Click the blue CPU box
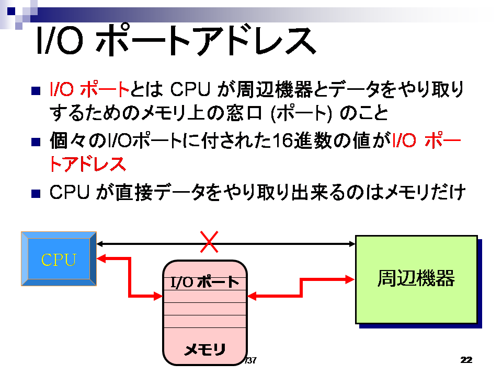(x=59, y=258)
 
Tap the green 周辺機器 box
(x=416, y=279)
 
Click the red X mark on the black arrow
(x=209, y=242)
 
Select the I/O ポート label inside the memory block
(x=205, y=282)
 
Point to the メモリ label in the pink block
(x=205, y=349)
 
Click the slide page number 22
(x=466, y=360)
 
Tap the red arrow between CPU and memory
(x=130, y=277)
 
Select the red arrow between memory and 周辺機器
(x=301, y=288)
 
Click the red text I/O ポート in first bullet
(x=89, y=89)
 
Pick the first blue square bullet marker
(x=36, y=91)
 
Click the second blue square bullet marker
(x=36, y=142)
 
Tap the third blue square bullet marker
(x=36, y=194)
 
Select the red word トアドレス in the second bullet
(x=87, y=164)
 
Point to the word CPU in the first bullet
(x=190, y=89)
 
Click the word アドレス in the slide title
(x=256, y=41)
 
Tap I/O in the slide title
(x=60, y=40)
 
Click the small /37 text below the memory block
(x=250, y=360)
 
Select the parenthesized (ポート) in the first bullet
(x=301, y=113)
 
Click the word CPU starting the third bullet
(x=69, y=192)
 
